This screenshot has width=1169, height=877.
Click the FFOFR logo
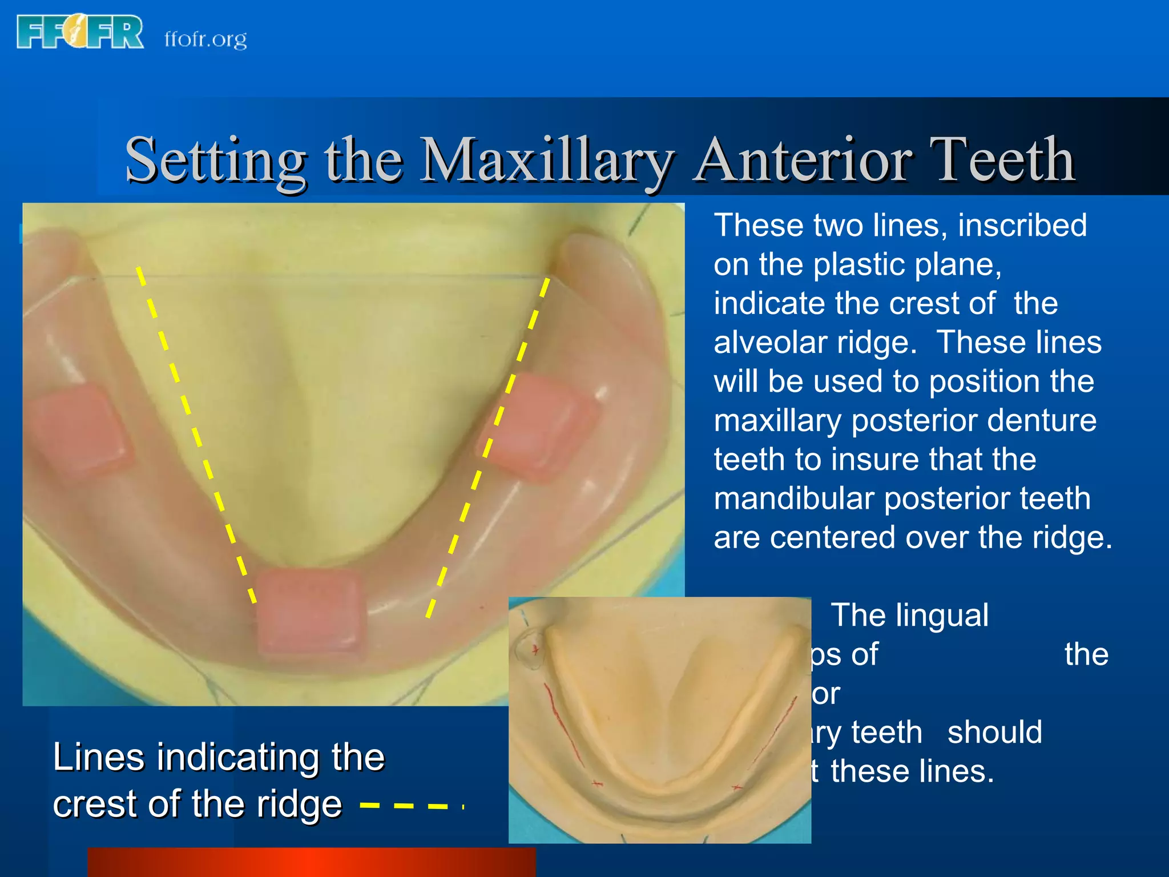[x=80, y=32]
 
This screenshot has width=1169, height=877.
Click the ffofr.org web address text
[x=205, y=39]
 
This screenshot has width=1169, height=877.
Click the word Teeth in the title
[x=1002, y=160]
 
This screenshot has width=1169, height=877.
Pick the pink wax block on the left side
[x=80, y=431]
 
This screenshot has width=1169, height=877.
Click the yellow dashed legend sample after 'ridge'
[x=411, y=806]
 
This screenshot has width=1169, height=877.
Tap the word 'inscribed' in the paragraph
[x=1022, y=226]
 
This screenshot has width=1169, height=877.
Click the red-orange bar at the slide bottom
[x=311, y=862]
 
